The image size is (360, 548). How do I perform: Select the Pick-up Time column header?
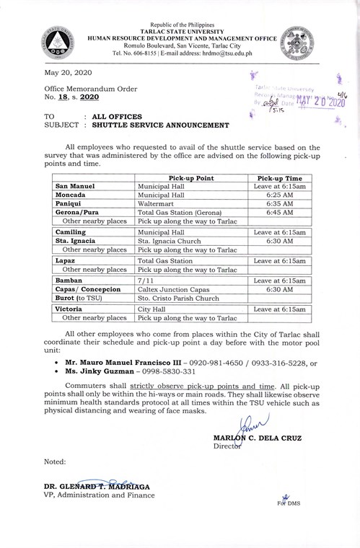276,177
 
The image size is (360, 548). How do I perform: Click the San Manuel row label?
76,186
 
